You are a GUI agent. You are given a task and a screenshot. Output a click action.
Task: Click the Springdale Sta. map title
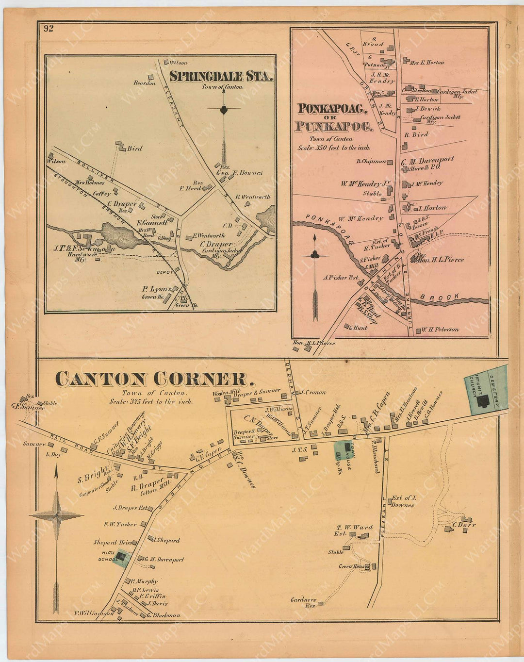tap(221, 77)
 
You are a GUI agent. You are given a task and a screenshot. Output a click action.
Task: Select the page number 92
tap(48, 28)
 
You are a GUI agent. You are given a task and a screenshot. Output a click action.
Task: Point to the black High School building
tap(121, 558)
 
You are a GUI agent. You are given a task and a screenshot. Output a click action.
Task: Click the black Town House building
tap(347, 447)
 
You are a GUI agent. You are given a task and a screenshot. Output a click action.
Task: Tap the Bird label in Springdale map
tap(134, 149)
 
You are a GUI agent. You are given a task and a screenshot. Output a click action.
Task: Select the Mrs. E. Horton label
tap(427, 63)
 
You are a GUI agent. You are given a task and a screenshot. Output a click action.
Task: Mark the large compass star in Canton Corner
tap(56, 514)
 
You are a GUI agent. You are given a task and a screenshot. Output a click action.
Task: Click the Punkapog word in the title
tap(333, 127)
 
